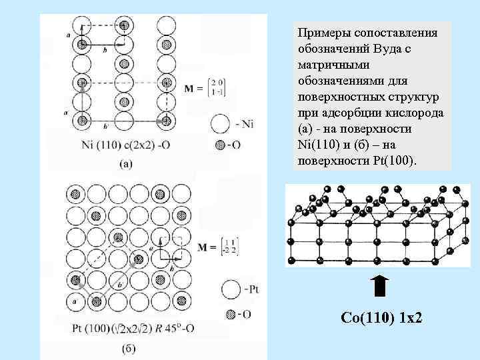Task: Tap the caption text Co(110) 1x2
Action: coord(381,319)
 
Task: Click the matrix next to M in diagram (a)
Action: coord(197,87)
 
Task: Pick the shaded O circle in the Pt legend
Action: coord(231,314)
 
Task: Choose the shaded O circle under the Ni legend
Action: coord(221,145)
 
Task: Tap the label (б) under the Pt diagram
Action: coord(131,347)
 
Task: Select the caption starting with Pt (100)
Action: coord(133,328)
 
